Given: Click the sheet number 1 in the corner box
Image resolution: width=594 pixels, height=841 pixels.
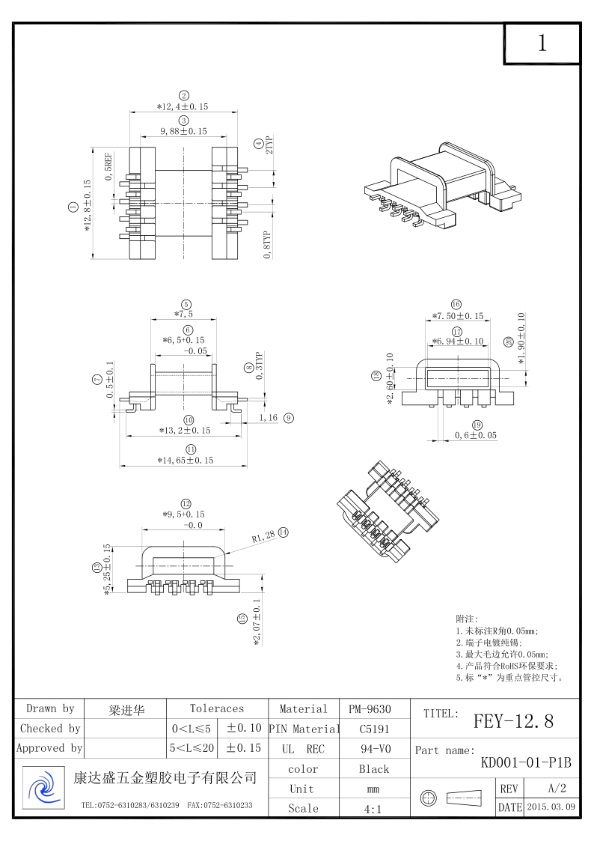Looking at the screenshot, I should click(542, 43).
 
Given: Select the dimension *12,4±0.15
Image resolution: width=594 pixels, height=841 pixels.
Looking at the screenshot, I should click(183, 107).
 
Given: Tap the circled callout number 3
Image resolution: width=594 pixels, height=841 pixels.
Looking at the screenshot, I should click(183, 120).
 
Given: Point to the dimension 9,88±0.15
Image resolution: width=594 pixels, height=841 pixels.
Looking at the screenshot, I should click(183, 131).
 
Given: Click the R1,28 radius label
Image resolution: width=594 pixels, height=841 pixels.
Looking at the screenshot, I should click(263, 536).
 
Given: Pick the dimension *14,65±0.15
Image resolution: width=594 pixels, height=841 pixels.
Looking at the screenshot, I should click(186, 460).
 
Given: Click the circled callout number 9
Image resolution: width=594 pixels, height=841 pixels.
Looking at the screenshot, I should click(288, 418).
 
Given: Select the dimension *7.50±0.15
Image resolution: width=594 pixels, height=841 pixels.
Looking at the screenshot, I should click(457, 316).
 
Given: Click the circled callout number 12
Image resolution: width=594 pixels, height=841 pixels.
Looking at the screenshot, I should click(186, 503).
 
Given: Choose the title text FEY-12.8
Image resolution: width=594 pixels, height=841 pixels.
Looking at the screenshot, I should click(513, 722).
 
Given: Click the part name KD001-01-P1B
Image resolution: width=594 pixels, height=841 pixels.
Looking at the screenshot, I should click(525, 763).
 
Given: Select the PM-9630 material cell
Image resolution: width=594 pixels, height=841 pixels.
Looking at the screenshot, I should click(370, 708).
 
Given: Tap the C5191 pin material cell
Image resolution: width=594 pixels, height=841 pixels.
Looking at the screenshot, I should click(374, 728).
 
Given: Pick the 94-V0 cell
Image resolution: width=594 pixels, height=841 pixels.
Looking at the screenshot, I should click(374, 748).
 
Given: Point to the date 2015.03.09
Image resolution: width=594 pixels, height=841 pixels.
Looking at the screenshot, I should click(551, 807).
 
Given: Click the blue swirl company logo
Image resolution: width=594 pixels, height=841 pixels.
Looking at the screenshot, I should click(42, 788).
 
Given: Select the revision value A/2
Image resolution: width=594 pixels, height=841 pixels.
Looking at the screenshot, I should click(557, 789).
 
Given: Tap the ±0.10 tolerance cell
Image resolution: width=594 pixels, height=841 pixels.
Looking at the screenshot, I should click(243, 728).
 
